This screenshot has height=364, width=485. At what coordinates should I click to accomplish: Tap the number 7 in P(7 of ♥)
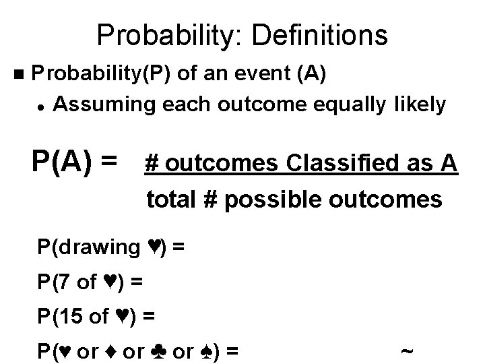pyautogui.click(x=65, y=282)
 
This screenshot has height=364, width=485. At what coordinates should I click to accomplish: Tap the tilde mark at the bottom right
pyautogui.click(x=406, y=351)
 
